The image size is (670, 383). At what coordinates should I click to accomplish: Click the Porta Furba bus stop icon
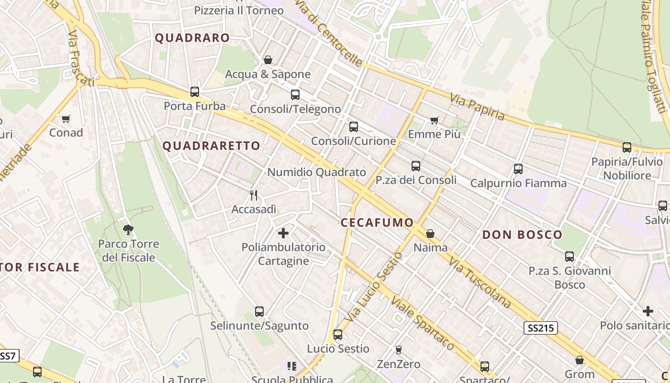(x=194, y=91)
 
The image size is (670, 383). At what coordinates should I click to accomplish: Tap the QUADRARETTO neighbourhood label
(x=212, y=146)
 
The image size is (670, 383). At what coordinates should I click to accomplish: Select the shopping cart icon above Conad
(x=66, y=118)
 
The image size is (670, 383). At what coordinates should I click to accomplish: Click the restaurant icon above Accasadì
(x=254, y=195)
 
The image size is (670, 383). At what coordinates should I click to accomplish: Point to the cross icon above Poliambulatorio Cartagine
(x=283, y=233)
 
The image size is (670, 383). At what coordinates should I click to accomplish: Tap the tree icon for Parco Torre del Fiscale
(x=128, y=229)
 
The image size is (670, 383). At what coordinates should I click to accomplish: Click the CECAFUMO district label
(x=377, y=223)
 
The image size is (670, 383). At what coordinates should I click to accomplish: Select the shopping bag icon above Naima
(x=430, y=234)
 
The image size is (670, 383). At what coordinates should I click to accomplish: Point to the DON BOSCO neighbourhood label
(x=522, y=235)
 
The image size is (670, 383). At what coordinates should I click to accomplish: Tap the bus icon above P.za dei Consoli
(x=415, y=166)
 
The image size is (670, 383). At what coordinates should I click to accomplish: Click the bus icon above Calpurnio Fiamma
(x=518, y=169)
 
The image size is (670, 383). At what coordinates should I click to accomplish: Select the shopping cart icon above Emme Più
(x=434, y=120)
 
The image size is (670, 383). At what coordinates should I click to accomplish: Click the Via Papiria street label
(x=477, y=107)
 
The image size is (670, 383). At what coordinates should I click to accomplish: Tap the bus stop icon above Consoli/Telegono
(x=295, y=95)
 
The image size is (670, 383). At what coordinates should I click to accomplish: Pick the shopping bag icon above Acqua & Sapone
(x=268, y=60)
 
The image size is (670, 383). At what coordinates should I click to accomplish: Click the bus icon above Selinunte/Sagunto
(x=259, y=312)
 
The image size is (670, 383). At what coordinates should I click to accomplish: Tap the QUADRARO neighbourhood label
(x=192, y=38)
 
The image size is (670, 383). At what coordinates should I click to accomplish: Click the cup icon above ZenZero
(x=398, y=349)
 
